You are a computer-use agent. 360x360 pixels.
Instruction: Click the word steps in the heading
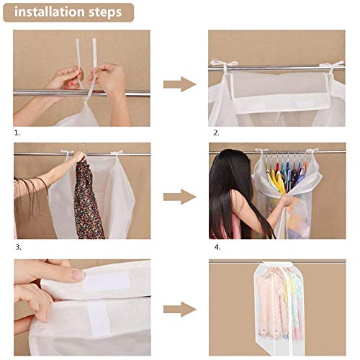107,12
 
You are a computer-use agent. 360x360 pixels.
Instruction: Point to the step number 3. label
17,246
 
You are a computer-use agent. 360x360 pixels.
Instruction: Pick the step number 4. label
214,246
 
